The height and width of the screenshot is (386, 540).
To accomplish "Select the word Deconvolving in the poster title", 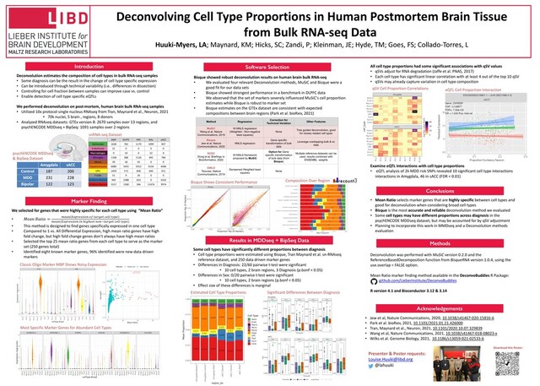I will [x=176, y=14].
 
